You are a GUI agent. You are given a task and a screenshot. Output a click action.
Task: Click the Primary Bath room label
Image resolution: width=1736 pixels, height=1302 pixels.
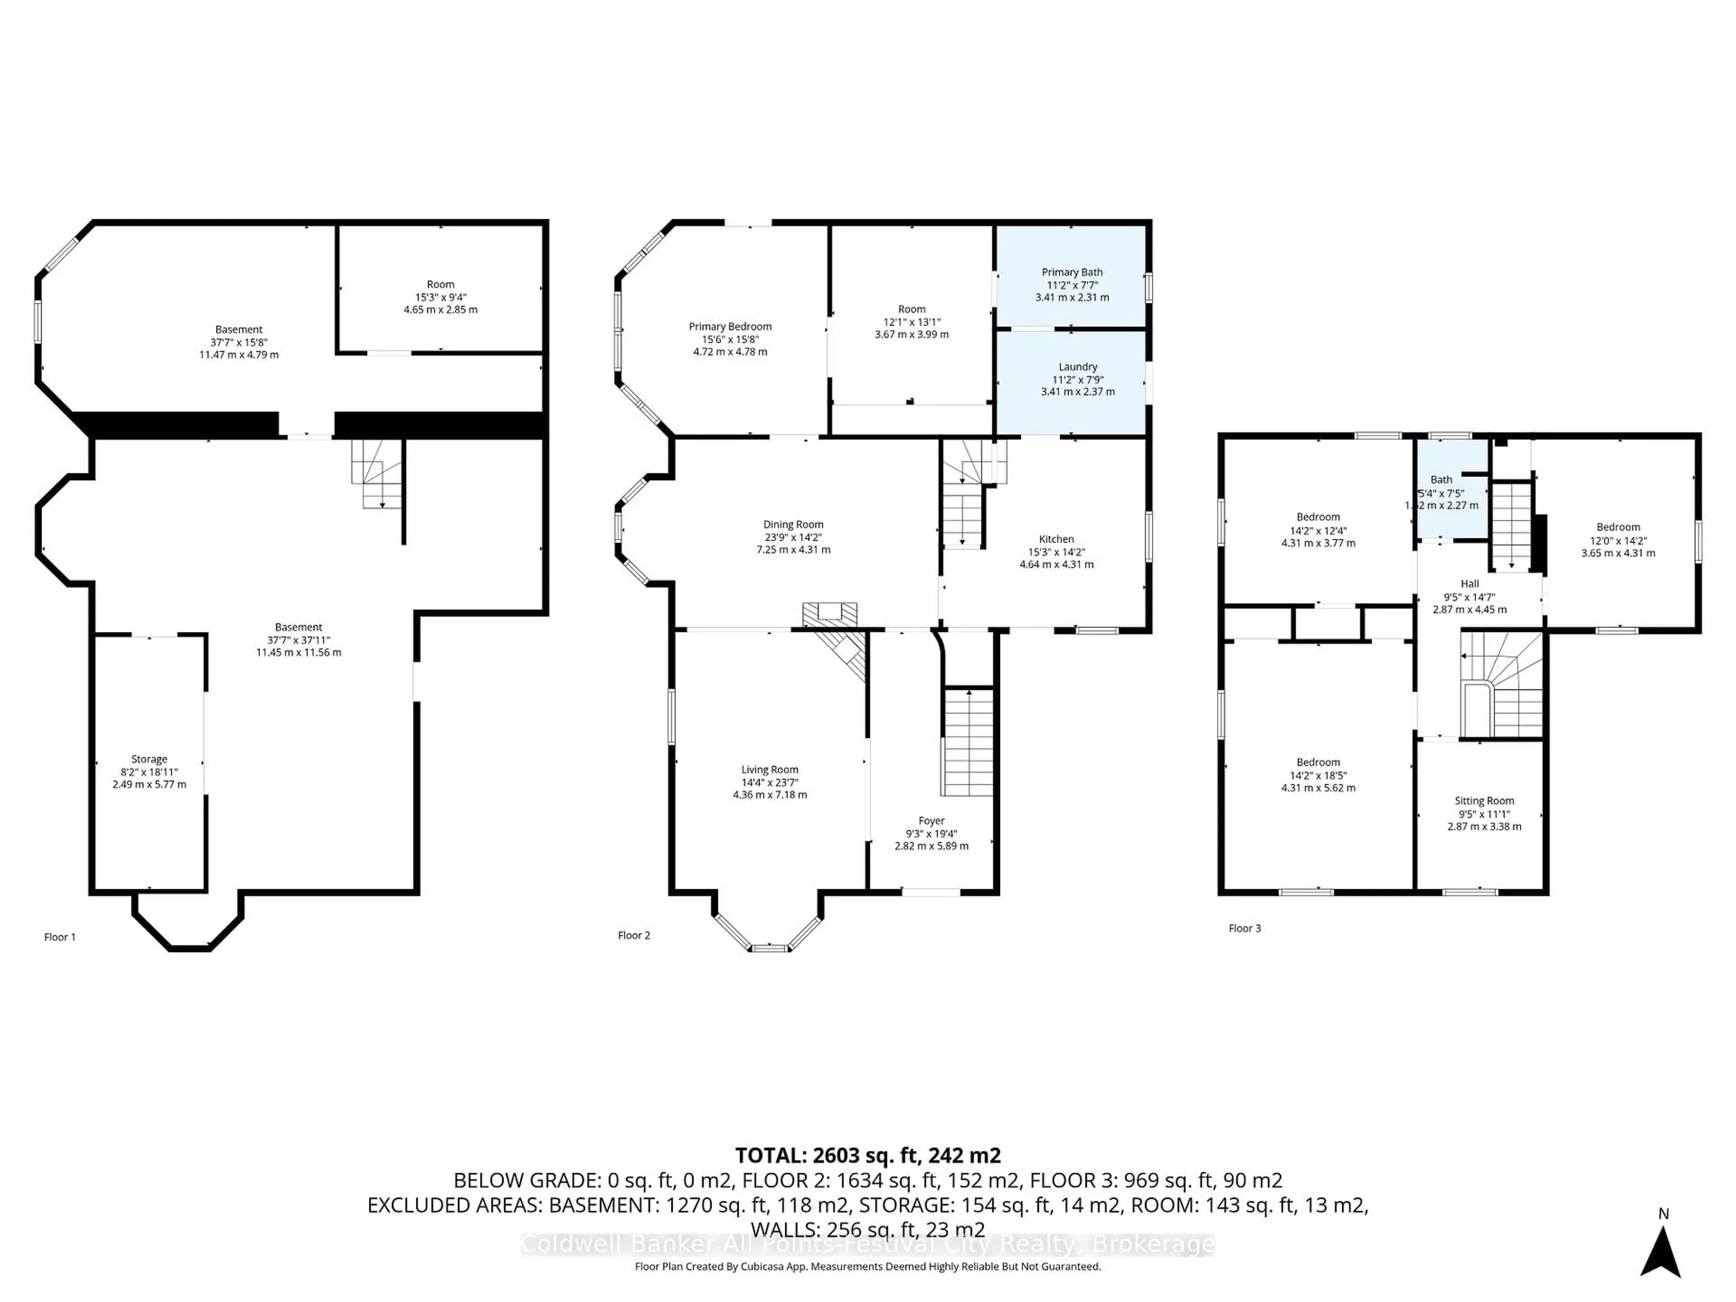1071,272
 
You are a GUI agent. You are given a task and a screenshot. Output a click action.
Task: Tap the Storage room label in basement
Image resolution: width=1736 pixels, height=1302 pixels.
149,759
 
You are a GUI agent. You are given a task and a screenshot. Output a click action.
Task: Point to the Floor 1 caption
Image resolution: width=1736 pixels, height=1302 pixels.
60,937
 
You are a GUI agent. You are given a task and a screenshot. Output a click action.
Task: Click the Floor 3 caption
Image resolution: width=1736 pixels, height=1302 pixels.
1244,929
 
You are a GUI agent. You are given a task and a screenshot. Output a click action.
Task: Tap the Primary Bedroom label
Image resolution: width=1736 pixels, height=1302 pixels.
730,326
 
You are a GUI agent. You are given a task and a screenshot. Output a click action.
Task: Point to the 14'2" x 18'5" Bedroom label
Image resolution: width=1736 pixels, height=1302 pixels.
1318,762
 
